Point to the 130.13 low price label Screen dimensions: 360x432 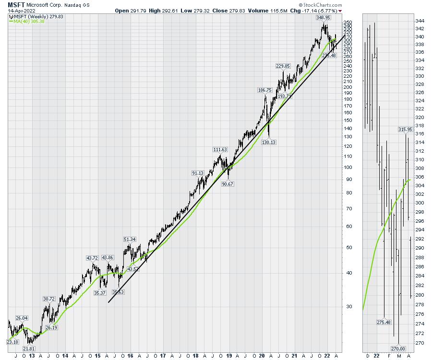pos(269,142)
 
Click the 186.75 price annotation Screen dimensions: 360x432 pos(265,90)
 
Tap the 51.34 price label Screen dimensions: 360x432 pos(130,239)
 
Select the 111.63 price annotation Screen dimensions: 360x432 pos(220,150)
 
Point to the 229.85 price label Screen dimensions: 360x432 pos(283,66)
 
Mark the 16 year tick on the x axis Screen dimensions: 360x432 pos(130,356)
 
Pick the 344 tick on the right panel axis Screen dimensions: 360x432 pos(419,21)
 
